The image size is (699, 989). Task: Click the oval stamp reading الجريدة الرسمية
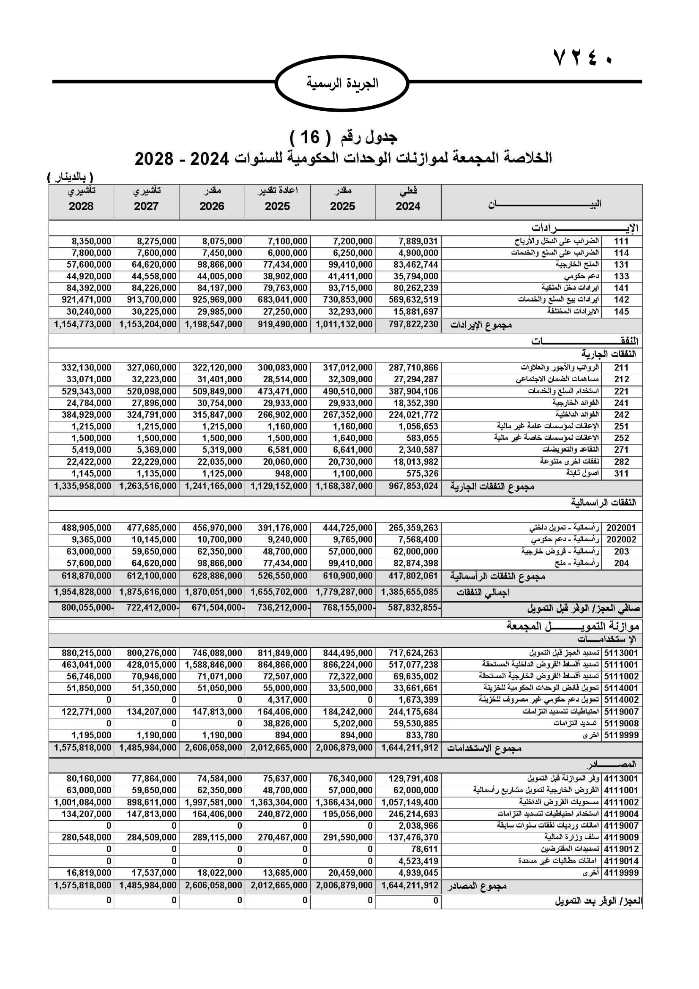coord(342,83)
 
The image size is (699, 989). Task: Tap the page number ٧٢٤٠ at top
coord(583,59)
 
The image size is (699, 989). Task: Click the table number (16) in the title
coord(310,137)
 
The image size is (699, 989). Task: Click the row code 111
coord(621,241)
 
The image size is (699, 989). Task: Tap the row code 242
coord(621,414)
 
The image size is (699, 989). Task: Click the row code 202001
coord(621,528)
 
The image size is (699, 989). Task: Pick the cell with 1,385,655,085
coord(410,592)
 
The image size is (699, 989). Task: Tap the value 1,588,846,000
coord(213,665)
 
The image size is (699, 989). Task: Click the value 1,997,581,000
coord(213,803)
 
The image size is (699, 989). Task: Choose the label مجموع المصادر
coord(477,887)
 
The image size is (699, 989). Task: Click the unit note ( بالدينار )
coord(70,177)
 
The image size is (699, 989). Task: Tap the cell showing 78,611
coord(424,849)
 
